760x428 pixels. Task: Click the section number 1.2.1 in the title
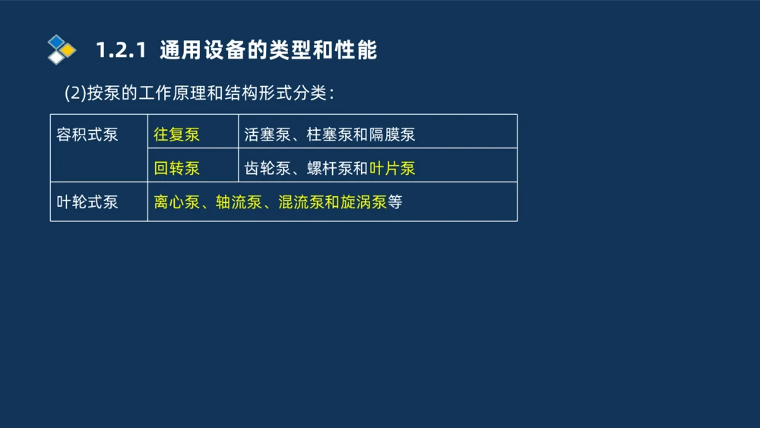click(120, 51)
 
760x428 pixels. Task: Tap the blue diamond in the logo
click(57, 41)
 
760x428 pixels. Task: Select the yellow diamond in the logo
click(68, 50)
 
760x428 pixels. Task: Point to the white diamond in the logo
click(57, 57)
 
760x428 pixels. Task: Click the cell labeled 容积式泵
click(87, 135)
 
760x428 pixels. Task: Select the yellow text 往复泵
click(176, 135)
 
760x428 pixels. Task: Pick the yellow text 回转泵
click(176, 168)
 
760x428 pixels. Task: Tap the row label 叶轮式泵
click(87, 202)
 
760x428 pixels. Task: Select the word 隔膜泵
click(392, 135)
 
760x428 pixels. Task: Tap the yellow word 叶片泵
click(392, 168)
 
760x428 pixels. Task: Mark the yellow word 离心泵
click(176, 202)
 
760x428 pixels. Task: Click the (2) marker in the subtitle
click(75, 93)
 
